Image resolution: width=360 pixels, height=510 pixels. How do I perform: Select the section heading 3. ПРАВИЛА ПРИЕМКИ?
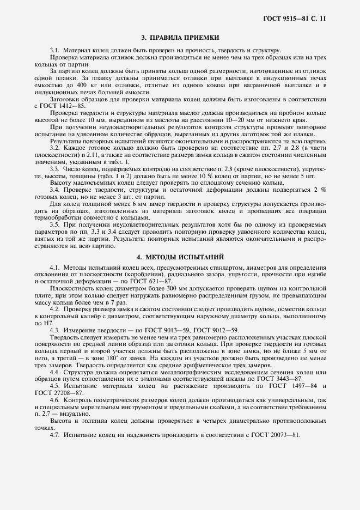pos(180,38)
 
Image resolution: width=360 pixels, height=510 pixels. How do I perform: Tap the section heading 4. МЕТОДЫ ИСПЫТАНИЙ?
pos(180,256)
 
